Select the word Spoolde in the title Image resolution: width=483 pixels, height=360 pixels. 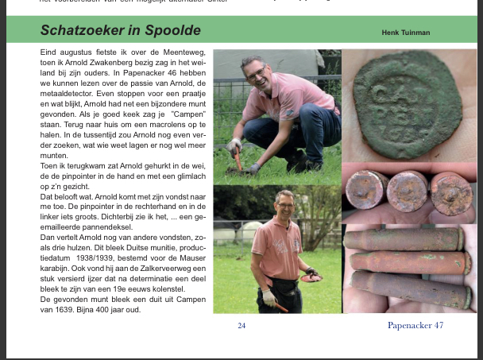click(x=172, y=31)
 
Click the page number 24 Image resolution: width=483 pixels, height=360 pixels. click(x=241, y=325)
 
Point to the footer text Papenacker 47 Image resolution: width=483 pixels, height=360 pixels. click(x=415, y=325)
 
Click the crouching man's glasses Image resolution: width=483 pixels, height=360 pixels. click(x=256, y=72)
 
